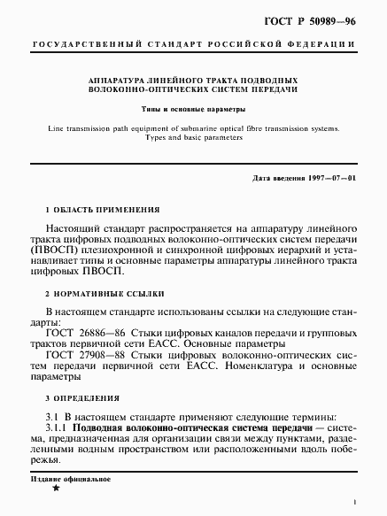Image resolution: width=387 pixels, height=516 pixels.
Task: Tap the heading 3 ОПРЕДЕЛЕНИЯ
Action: click(87, 399)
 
